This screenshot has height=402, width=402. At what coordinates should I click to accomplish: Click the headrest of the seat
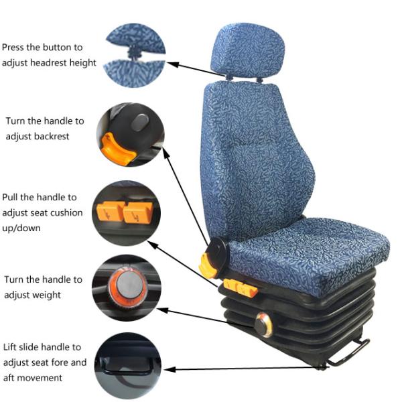[x=248, y=50]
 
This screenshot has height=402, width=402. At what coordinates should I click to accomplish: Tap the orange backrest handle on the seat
[x=208, y=265]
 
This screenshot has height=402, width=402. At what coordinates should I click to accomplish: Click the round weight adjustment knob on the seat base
[x=263, y=325]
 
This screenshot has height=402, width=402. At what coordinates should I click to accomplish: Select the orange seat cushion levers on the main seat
[x=241, y=288]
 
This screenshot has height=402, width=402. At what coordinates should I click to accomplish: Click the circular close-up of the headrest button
[x=135, y=56]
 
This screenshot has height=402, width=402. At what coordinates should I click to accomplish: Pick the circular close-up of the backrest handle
[x=130, y=135]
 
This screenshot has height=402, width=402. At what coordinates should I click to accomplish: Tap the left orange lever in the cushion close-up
[x=111, y=211]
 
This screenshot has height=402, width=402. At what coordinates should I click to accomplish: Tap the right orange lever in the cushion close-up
[x=138, y=213]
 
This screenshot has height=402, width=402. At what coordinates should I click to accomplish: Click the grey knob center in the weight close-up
[x=130, y=285]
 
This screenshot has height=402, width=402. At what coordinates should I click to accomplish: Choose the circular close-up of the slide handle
[x=128, y=366]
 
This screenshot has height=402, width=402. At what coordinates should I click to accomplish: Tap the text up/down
[x=21, y=228]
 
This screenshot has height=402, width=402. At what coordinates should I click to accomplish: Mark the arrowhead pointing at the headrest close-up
[x=172, y=64]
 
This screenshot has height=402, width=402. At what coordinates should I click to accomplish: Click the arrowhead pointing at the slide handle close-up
[x=170, y=369]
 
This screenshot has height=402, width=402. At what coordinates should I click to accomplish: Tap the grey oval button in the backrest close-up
[x=140, y=123]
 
